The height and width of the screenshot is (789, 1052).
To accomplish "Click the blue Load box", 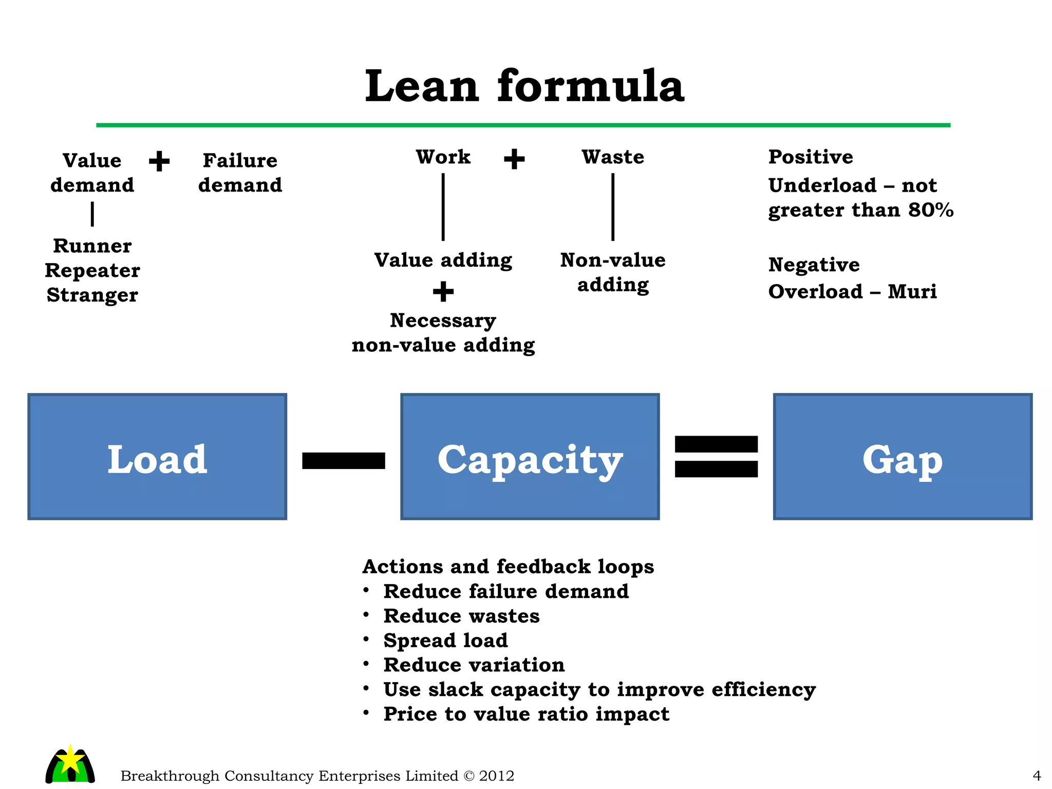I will pyautogui.click(x=157, y=457).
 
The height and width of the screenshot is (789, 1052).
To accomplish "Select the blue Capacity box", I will pyautogui.click(x=530, y=457).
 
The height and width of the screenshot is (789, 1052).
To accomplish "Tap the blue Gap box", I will pyautogui.click(x=903, y=457).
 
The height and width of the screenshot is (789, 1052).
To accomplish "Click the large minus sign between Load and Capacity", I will pyautogui.click(x=344, y=460).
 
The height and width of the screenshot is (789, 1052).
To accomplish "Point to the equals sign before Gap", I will pyautogui.click(x=716, y=457).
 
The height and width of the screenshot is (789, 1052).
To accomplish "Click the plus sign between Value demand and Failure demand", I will pyautogui.click(x=159, y=161).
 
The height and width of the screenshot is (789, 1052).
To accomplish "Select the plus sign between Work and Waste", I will pyautogui.click(x=514, y=159).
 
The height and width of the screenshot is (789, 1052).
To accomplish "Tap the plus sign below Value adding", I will pyautogui.click(x=443, y=292).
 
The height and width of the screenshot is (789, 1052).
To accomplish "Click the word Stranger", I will pyautogui.click(x=92, y=295).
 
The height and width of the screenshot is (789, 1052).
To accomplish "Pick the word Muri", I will pyautogui.click(x=912, y=292).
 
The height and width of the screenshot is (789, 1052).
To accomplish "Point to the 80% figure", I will pyautogui.click(x=931, y=210).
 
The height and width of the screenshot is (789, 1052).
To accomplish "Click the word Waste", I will pyautogui.click(x=613, y=157).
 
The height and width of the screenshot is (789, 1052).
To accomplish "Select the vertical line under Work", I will pyautogui.click(x=443, y=207).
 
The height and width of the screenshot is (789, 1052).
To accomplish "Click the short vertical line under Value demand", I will pyautogui.click(x=92, y=214).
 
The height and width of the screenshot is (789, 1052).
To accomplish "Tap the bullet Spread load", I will pyautogui.click(x=445, y=640).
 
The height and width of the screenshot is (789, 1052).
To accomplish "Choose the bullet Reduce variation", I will pyautogui.click(x=474, y=665).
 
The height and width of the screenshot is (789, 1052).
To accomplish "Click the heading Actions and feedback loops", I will pyautogui.click(x=508, y=567).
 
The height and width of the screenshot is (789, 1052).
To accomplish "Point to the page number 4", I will pyautogui.click(x=1037, y=776).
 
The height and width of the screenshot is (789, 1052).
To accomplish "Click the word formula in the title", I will pyautogui.click(x=591, y=86).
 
